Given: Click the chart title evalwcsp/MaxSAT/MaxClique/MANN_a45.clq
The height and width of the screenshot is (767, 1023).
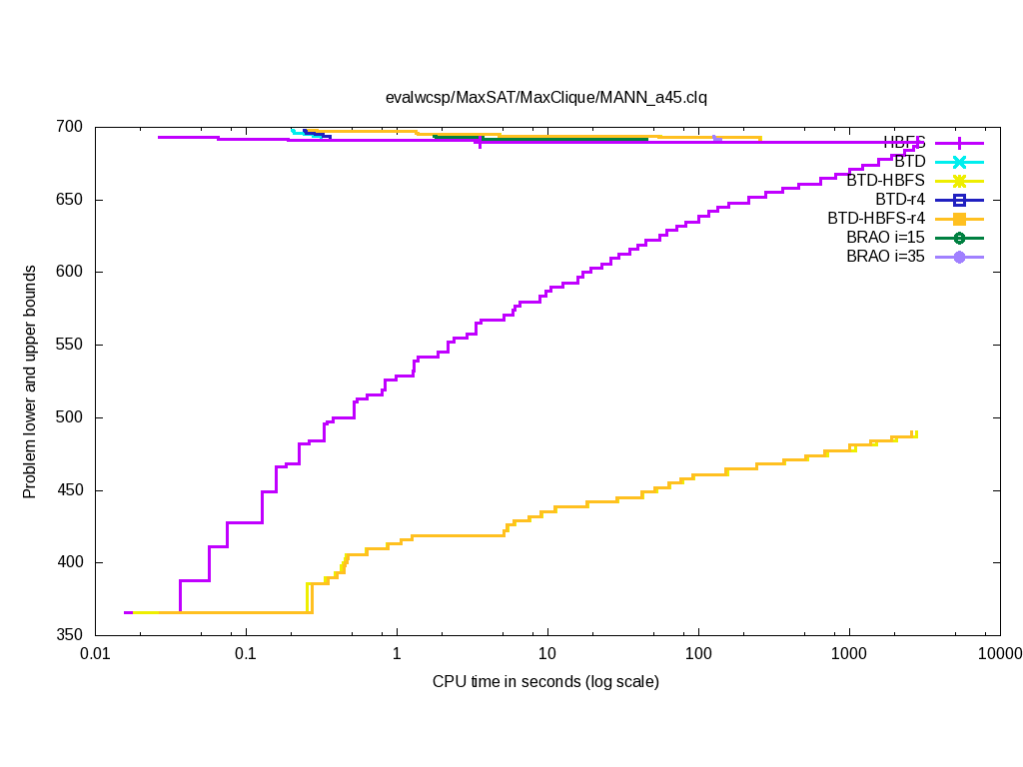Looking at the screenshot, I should [546, 97].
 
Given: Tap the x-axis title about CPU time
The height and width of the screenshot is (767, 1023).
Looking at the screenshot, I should [545, 682].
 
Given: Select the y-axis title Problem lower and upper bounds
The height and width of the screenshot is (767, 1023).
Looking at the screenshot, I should [30, 382].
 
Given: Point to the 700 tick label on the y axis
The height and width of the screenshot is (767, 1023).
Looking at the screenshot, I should [72, 128].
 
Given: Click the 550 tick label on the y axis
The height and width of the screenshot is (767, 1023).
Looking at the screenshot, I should [72, 346].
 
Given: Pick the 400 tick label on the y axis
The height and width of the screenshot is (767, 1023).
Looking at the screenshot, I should [72, 563].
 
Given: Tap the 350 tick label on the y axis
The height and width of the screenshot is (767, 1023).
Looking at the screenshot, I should [72, 635].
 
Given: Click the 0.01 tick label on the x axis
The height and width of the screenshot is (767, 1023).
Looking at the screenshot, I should [95, 654].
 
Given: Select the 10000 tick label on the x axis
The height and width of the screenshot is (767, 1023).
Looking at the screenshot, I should [999, 654].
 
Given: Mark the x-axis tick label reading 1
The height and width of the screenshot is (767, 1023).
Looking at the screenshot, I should [397, 654].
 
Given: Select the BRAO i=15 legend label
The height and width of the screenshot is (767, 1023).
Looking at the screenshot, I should [885, 238].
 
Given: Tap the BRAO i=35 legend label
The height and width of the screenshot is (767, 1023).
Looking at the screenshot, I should [885, 257].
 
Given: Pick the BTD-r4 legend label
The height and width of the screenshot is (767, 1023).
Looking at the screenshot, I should [900, 200].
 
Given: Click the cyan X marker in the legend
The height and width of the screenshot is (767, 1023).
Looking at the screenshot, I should [959, 162].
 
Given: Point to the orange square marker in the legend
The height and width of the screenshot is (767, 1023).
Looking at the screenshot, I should [959, 219].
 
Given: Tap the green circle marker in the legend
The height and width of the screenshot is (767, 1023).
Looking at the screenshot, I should [959, 238].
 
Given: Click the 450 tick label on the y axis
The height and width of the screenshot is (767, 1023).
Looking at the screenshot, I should [72, 490].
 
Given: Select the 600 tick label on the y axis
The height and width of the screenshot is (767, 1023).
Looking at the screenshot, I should [72, 273].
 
